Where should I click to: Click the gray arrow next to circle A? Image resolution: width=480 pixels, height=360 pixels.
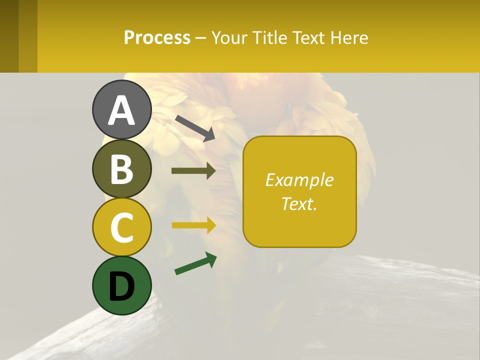[194, 128]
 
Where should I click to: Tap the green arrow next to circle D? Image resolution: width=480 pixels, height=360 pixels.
[195, 263]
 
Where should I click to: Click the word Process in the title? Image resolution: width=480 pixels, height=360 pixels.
[157, 38]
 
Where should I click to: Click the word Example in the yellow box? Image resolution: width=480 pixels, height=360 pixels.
[299, 180]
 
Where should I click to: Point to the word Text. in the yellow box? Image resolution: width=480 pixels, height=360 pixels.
[299, 203]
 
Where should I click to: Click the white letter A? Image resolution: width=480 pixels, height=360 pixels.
[121, 111]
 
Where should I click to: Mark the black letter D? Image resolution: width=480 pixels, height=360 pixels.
[121, 287]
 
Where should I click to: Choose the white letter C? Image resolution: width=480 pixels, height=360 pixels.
[121, 228]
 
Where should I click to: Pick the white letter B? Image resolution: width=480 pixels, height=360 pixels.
[121, 169]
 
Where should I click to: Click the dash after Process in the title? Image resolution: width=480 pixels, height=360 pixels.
[200, 38]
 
